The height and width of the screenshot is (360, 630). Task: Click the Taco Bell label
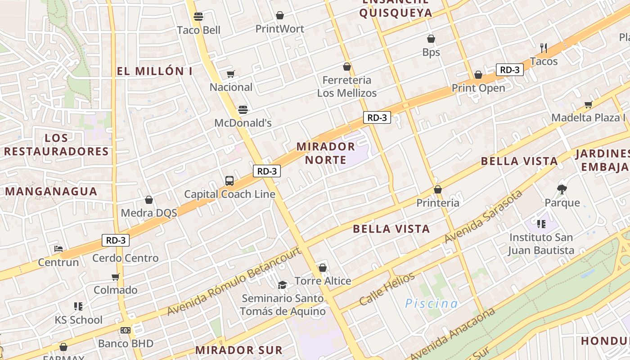click(x=198, y=30)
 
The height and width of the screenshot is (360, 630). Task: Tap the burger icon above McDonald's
click(x=243, y=109)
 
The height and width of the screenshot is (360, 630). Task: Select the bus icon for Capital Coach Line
click(x=229, y=181)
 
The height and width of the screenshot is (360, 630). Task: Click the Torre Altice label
click(x=323, y=281)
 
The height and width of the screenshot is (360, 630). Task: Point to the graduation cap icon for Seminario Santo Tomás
click(x=283, y=285)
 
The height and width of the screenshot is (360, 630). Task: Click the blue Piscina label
click(x=431, y=304)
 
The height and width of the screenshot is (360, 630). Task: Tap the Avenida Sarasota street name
click(x=483, y=216)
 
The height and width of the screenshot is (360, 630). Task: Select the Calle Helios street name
click(x=387, y=289)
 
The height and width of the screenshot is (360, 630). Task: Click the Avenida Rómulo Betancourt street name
click(x=234, y=281)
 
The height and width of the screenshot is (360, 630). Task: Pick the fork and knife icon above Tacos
click(x=544, y=48)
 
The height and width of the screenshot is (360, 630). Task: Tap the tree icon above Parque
click(x=562, y=189)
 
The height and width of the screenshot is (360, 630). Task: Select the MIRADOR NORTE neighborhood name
click(x=326, y=153)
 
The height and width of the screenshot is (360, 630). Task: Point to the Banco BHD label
click(x=126, y=343)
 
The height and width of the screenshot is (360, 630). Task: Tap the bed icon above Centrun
click(x=58, y=248)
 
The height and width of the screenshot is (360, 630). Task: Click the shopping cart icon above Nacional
click(x=231, y=74)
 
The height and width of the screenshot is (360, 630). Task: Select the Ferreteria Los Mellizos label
click(x=346, y=86)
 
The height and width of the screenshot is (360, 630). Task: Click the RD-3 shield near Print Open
click(x=510, y=70)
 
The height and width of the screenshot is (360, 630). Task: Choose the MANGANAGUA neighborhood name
click(x=51, y=192)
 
